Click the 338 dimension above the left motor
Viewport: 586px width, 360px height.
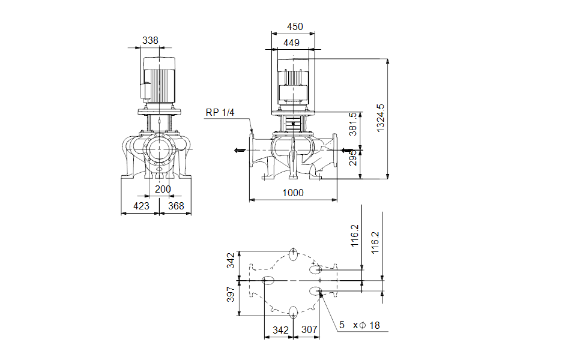(x=150, y=40)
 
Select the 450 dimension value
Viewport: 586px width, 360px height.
(x=295, y=26)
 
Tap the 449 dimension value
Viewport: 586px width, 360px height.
(x=291, y=43)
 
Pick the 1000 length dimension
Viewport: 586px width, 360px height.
(x=294, y=193)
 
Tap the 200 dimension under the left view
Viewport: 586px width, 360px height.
(x=163, y=189)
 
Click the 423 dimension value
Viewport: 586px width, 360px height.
(x=141, y=206)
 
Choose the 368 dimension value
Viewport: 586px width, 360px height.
(x=176, y=206)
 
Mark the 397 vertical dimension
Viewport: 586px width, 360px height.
(x=231, y=294)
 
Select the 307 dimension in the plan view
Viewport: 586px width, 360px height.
(x=309, y=330)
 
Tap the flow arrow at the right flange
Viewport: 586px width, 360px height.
(x=345, y=150)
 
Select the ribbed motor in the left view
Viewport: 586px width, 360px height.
(x=159, y=82)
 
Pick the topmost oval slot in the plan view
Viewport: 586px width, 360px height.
(x=293, y=254)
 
